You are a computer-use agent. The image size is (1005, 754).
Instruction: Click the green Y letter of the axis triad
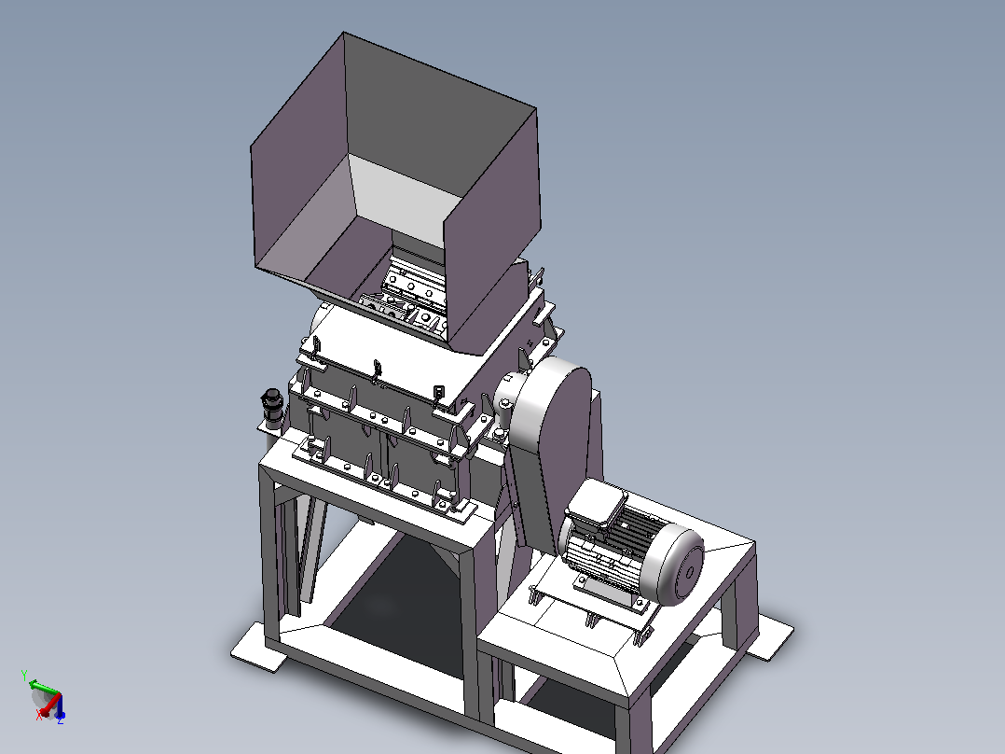pos(24,675)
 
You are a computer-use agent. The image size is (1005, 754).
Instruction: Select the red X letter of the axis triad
pos(39,714)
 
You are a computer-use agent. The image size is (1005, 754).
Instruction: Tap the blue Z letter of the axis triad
pos(61,720)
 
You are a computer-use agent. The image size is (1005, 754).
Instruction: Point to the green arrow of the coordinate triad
pos(44,687)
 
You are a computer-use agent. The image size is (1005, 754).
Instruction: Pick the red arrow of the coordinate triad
pos(50,704)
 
